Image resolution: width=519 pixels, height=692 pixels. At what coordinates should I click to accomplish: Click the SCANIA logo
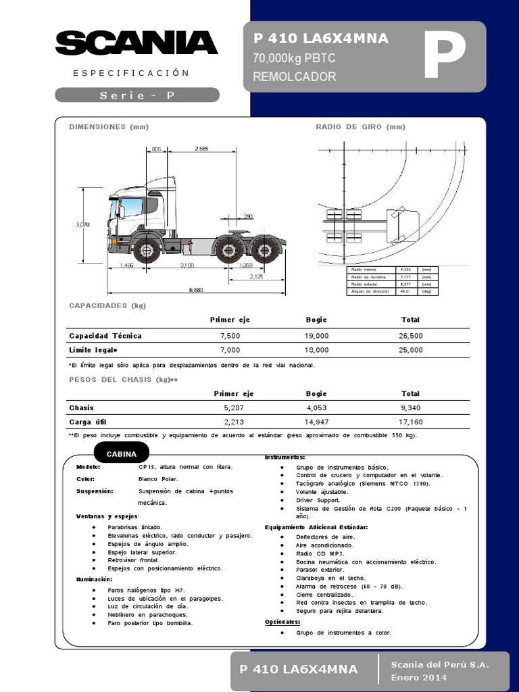point(136,43)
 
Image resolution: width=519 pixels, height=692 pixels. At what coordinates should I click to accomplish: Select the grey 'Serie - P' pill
point(137,95)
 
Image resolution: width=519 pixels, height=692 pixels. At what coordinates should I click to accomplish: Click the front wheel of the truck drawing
point(146,250)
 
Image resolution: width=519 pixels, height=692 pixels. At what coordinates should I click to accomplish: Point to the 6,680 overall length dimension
point(195,290)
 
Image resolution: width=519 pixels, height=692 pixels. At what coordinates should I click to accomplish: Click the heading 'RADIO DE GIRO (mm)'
point(360,126)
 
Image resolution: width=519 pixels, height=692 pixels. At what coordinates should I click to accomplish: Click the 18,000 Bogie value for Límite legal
point(316,350)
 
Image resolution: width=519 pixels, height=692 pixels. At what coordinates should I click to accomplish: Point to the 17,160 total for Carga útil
point(410,422)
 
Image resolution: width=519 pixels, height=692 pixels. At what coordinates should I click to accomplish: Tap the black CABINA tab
point(122,454)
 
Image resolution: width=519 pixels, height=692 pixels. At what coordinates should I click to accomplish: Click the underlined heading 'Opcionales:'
point(282,622)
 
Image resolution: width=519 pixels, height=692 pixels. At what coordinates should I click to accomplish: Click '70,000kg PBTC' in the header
point(294,59)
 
